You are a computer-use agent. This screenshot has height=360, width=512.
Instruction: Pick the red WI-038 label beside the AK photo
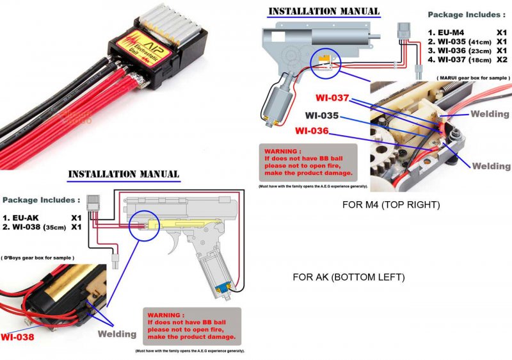point(17,336)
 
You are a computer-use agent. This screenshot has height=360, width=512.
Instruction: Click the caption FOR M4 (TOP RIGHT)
point(391,206)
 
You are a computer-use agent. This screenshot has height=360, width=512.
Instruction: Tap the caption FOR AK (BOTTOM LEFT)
point(348,277)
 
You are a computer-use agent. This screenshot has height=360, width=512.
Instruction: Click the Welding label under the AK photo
point(116,334)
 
